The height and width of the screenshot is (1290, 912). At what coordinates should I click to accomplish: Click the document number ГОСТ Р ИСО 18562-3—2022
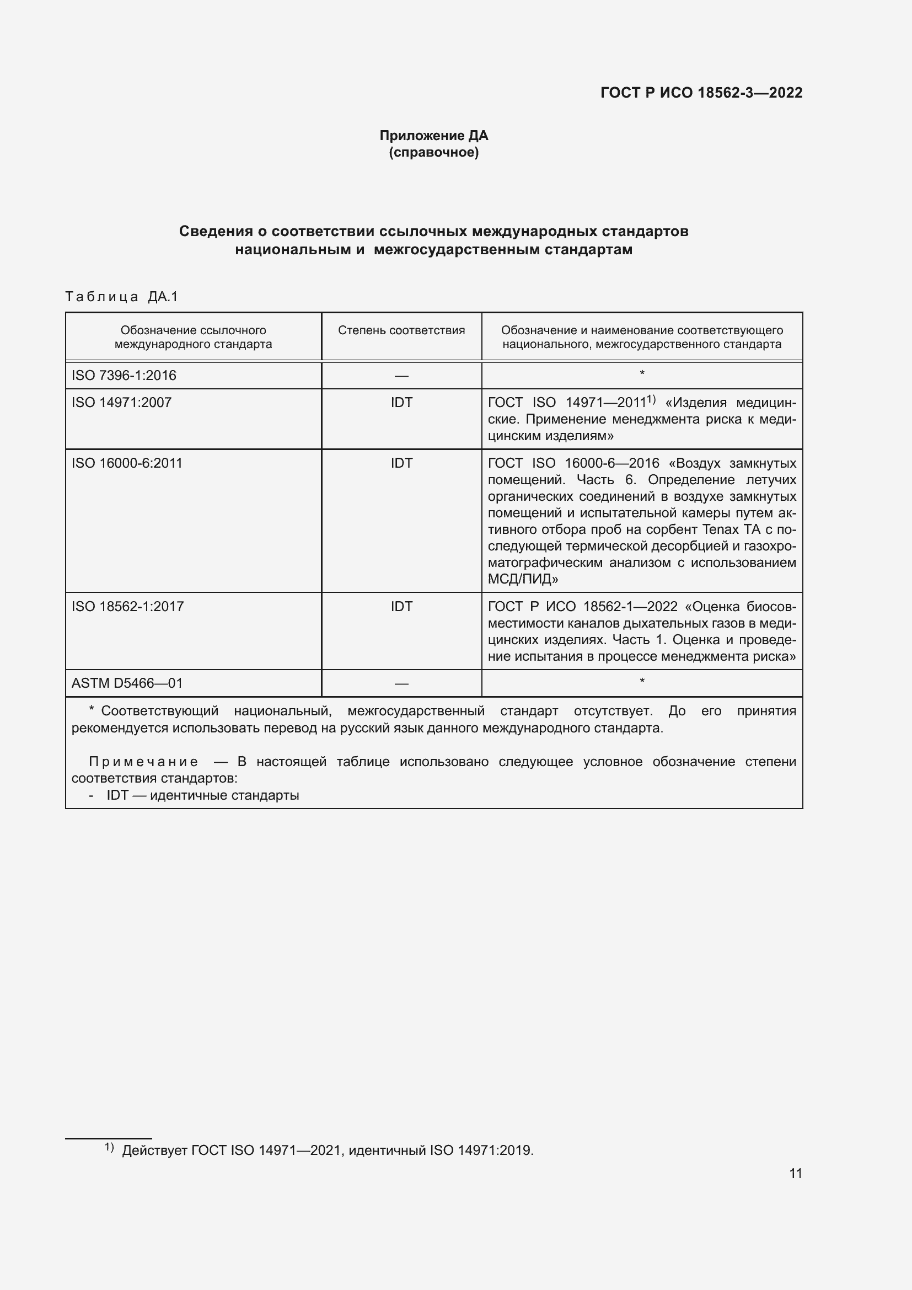point(701,93)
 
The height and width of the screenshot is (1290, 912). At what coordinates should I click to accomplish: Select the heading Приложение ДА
point(433,136)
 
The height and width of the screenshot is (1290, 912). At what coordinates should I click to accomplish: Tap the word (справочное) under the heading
point(433,152)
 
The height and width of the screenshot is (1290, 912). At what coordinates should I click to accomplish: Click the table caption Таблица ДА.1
point(121,297)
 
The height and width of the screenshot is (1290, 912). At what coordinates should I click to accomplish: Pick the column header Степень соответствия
point(401,330)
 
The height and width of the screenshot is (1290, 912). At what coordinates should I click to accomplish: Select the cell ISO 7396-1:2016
point(124,376)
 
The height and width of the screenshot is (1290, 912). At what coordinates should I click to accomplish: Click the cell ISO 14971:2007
point(121,402)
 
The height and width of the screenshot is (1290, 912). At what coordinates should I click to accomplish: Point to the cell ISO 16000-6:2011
point(127,463)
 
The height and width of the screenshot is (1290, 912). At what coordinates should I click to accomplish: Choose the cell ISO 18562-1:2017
point(127,606)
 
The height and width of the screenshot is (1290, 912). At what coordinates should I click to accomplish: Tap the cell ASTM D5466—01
point(127,683)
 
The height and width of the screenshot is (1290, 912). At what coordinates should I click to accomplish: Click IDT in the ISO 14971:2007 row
point(401,402)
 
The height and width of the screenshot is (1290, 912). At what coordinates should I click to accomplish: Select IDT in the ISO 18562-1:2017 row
point(401,606)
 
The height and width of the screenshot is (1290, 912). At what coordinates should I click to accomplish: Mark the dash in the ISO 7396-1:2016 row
point(401,376)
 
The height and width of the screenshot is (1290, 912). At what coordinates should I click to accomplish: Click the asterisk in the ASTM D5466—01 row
point(642,682)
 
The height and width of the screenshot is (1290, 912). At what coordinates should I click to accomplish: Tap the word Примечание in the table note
point(143,762)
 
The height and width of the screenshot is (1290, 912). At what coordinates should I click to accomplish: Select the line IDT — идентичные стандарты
point(202,796)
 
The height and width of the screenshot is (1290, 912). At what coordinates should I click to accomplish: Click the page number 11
point(795,1173)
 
